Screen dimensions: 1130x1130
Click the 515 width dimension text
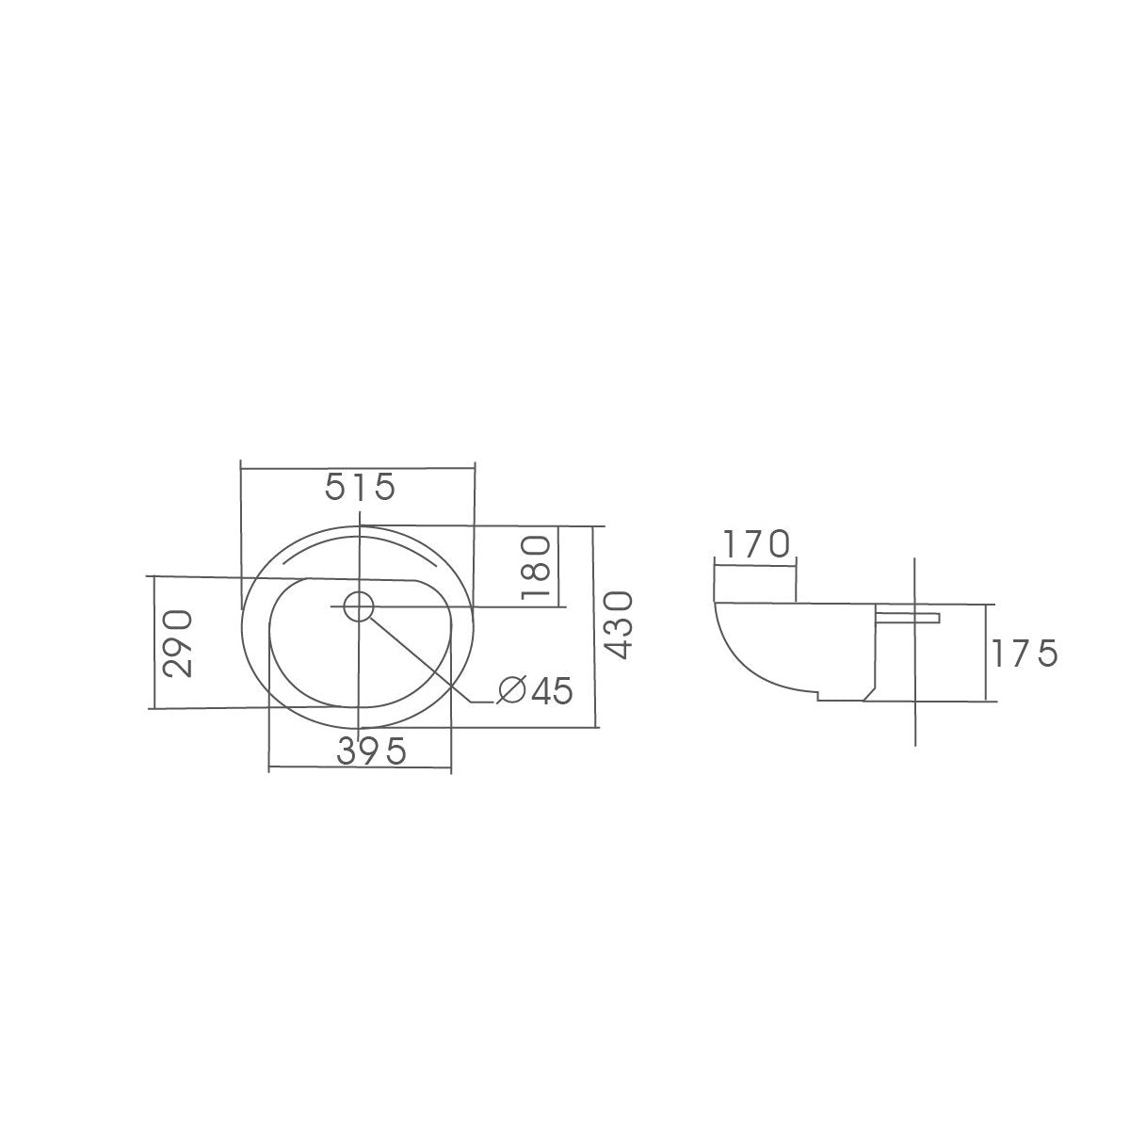coord(358,488)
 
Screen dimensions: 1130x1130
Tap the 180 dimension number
coord(534,566)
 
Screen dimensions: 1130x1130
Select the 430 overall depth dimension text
coord(619,625)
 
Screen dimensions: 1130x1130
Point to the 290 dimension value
coord(178,642)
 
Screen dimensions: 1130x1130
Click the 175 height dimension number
coord(1024,653)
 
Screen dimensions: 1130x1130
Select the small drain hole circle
coord(358,605)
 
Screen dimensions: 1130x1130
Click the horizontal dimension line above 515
coord(358,463)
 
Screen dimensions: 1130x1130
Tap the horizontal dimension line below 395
coord(360,772)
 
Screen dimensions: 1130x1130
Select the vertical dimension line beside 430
coord(595,626)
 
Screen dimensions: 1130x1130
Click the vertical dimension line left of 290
coord(152,642)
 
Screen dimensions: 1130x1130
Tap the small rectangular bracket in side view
coord(909,616)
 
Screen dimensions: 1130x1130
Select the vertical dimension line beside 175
coord(986,653)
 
